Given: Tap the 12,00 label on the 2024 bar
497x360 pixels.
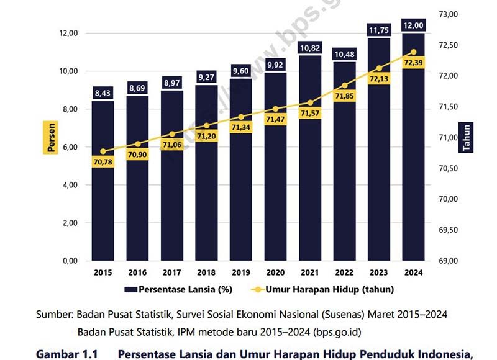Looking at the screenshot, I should pos(413,25).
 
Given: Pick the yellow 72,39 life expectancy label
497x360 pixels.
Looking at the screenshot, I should pos(413,63).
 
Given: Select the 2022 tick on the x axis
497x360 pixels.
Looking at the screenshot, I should pos(344,272).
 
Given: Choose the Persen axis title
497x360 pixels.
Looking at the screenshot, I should pos(52,137).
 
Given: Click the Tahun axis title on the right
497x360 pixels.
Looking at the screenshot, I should pos(466,137).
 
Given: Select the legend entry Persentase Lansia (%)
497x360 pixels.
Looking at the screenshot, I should pos(178,289).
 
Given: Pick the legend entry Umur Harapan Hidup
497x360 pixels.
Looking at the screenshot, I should pos(329,289).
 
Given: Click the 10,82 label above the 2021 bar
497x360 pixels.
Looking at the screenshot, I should pos(310,48).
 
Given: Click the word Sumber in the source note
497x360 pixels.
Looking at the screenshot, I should pos(55,314).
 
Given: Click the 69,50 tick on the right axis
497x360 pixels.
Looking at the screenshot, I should pos(448,230).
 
